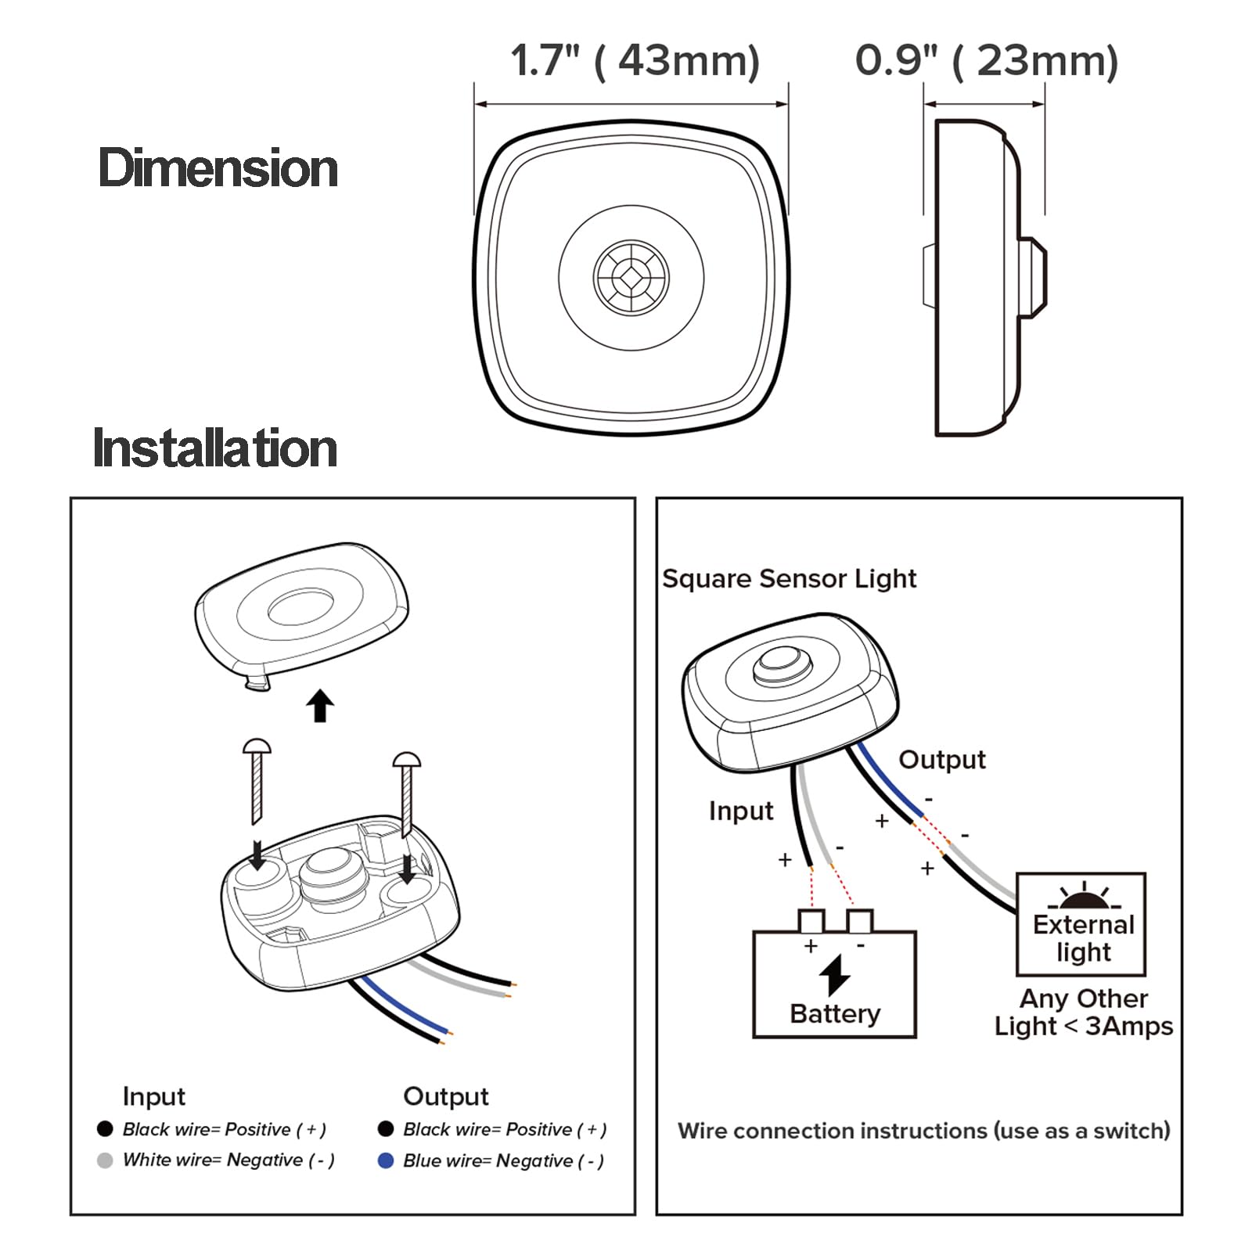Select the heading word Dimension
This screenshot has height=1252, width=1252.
coord(218,168)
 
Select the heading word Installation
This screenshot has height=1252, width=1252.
coord(214,448)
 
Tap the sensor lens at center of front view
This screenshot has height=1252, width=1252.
coord(631,277)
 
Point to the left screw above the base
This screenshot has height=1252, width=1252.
coord(257,779)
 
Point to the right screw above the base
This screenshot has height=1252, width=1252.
coord(406,790)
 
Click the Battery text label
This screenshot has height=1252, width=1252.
coord(835,1013)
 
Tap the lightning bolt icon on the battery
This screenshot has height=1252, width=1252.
coord(835,975)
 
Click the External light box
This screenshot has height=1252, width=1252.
coord(1081,925)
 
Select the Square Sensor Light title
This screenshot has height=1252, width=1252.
coord(789,578)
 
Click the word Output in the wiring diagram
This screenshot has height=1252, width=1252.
coord(941,759)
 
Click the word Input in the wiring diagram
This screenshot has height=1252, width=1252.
coord(740,811)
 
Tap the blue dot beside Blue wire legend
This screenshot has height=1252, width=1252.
coord(385,1160)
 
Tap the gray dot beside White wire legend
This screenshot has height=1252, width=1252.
coord(105,1160)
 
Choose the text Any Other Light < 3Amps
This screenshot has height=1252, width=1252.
coord(1084,1012)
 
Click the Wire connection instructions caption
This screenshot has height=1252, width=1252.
coord(923,1131)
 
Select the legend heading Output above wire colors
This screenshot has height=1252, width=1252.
coord(445,1096)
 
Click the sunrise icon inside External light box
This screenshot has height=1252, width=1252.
coord(1084,897)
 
